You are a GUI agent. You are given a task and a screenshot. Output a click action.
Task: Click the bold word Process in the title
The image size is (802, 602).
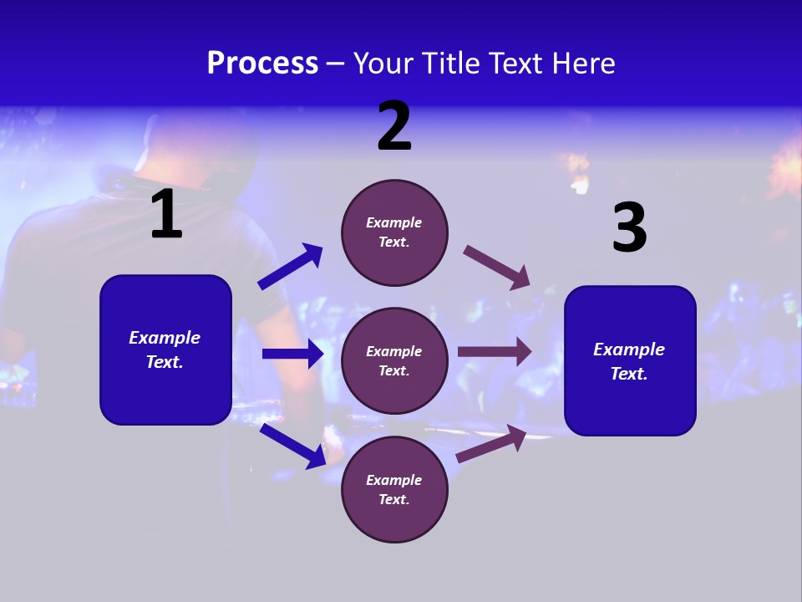tap(262, 63)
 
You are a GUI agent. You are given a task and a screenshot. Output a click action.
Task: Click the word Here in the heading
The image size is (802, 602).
tap(583, 63)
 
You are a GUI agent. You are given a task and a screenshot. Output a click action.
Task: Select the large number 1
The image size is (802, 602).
tap(166, 215)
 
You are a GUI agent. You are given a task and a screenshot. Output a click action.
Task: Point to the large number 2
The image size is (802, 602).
tap(394, 126)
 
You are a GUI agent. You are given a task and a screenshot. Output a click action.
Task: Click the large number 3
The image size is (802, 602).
tap(629, 227)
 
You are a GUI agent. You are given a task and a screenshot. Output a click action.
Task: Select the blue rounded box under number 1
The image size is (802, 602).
tap(165, 349)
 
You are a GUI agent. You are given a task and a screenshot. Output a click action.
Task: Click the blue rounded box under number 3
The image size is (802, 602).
tap(630, 360)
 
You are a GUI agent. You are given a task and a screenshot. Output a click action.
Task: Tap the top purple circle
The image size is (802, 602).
tap(394, 232)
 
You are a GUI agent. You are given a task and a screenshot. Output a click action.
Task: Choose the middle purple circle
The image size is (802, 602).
tap(394, 360)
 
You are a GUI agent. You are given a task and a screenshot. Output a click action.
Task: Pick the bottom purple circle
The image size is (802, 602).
tap(394, 489)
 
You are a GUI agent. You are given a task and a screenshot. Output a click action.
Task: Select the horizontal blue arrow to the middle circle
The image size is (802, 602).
tap(292, 354)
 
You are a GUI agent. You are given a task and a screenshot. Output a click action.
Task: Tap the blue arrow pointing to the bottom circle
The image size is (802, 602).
tap(292, 446)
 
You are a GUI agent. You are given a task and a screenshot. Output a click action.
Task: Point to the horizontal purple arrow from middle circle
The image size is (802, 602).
tap(495, 352)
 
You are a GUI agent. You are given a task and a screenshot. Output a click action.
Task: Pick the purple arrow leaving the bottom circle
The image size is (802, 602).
tap(491, 444)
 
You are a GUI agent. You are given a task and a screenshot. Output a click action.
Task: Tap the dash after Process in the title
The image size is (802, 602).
tap(336, 64)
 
